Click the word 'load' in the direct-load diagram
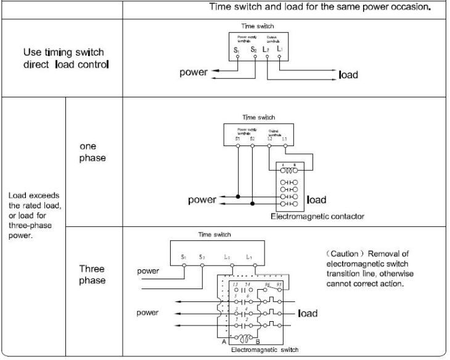[x=348, y=75]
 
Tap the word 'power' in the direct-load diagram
[x=193, y=73]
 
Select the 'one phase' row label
[x=92, y=152]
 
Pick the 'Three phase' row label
[x=92, y=274]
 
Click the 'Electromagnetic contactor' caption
[x=317, y=216]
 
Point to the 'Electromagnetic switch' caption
[x=264, y=350]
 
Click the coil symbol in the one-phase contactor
[x=288, y=171]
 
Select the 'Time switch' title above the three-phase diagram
[x=214, y=234]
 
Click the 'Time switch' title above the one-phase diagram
[x=259, y=117]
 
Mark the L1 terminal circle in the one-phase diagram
[x=284, y=146]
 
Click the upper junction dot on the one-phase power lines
[x=237, y=195]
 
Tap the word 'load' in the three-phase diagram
[x=308, y=314]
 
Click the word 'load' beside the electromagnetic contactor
[x=316, y=200]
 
